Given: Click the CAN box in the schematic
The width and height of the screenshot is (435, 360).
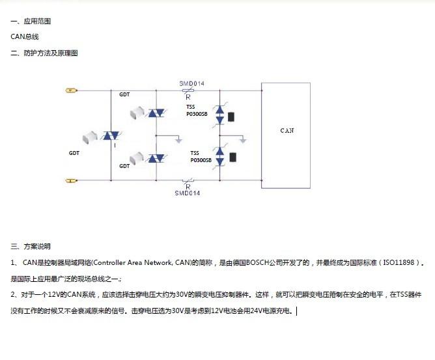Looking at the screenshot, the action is pos(286,135).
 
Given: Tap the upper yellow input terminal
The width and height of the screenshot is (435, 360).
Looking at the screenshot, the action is pos(71,90).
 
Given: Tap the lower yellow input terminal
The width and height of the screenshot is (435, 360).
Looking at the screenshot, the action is pos(71,181).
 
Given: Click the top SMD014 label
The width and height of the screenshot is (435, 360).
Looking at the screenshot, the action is pos(191,83).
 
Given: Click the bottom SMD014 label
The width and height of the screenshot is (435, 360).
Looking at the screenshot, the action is pos(188,193).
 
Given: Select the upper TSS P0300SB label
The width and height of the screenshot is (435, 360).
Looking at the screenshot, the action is pos(197,111).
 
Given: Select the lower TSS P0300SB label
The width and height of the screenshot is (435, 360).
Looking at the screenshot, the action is pos(201,157).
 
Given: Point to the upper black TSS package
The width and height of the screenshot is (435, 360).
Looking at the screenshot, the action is pos(231,117).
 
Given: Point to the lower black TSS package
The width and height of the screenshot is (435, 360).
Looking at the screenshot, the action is pos(232,158).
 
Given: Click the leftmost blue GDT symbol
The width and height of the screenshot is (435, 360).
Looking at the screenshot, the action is pos(111,135).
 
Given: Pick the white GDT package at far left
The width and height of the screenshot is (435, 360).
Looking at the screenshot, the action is pos(90,137).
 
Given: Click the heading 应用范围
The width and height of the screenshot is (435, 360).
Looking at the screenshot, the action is pos(37,21).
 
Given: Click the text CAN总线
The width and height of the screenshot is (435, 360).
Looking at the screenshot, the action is pos(25,36).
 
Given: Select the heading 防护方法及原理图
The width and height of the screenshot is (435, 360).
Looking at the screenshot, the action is pos(51,53).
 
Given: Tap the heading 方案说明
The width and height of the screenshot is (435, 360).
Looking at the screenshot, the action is pos(37,246).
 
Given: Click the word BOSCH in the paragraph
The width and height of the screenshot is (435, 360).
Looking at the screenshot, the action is pos(257,262).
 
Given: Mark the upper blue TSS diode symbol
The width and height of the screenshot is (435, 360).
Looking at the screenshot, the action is pos(219,115).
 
